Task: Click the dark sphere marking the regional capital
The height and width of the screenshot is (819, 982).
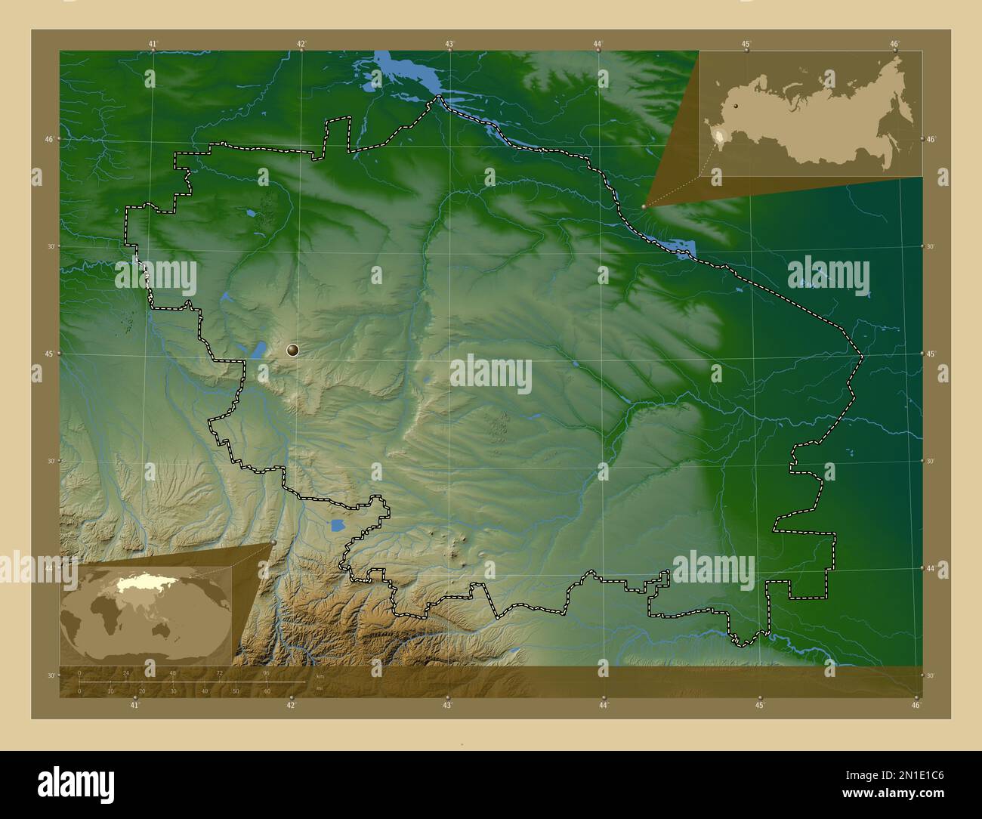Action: [292, 350]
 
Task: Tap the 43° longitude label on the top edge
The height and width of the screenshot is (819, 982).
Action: [449, 44]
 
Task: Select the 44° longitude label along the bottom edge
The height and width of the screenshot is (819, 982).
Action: [604, 706]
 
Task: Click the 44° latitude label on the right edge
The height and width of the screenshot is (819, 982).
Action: [931, 567]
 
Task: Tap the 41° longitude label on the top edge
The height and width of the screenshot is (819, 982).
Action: [153, 44]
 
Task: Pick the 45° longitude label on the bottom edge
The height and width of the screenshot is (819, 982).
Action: [760, 706]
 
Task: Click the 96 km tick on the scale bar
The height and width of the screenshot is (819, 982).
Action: [266, 672]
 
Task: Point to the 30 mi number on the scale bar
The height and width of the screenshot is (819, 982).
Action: [173, 691]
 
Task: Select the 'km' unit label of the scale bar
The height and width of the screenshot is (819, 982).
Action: [320, 676]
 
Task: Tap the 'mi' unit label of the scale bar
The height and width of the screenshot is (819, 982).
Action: [320, 688]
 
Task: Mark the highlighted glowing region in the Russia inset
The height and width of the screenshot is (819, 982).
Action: [720, 137]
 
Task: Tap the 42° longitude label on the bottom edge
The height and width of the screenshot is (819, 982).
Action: [291, 706]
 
